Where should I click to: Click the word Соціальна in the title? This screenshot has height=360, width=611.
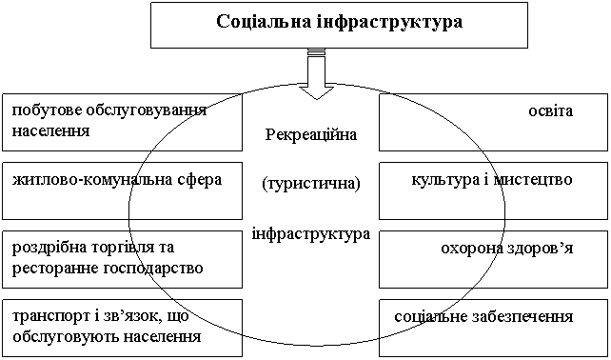tap(264, 22)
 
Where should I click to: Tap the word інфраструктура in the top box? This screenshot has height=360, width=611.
tap(389, 23)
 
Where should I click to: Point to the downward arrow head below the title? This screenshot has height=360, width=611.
tap(316, 92)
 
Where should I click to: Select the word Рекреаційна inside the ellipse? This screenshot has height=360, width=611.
tap(311, 136)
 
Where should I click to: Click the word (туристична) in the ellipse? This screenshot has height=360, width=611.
tap(311, 184)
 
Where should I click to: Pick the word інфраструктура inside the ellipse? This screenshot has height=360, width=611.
tap(311, 234)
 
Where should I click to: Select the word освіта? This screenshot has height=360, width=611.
tap(551, 111)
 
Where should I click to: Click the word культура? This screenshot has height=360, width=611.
tap(441, 180)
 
